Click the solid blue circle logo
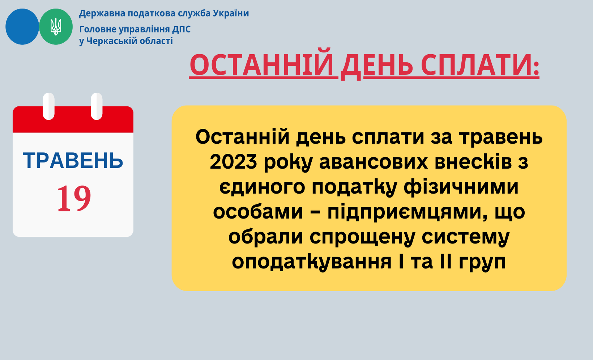click(x=22, y=26)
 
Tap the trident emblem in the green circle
click(x=56, y=26)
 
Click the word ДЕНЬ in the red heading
click(x=377, y=65)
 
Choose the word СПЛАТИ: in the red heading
click(x=480, y=65)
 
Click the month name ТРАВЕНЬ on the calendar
click(x=73, y=161)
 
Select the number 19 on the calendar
click(x=74, y=198)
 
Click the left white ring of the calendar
click(x=49, y=106)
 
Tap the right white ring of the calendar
click(x=97, y=106)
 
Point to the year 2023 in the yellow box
click(x=234, y=162)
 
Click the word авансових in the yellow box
click(x=374, y=162)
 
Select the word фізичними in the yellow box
click(x=461, y=187)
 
